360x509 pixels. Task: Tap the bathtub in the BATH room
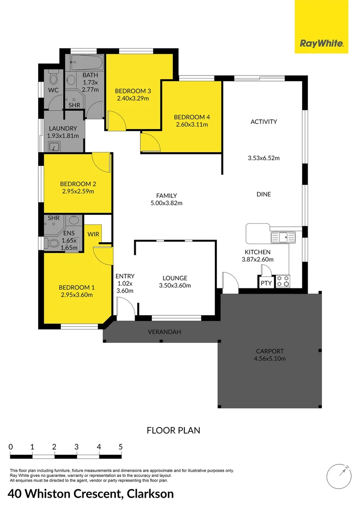click(85, 62)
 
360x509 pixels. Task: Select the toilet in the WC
click(53, 75)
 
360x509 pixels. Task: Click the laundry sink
click(55, 147)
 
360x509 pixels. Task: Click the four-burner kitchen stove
click(283, 281)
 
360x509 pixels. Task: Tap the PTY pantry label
click(266, 283)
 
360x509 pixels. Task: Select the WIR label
click(93, 233)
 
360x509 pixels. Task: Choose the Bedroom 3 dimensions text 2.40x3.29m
click(133, 99)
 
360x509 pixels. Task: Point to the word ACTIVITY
click(263, 122)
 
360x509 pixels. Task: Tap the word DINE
click(263, 194)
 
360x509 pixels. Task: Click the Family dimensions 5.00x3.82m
click(163, 203)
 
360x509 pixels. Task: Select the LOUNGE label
click(175, 278)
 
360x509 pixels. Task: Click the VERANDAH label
click(164, 332)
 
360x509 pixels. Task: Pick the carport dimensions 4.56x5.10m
click(270, 358)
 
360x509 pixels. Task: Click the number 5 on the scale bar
click(121, 447)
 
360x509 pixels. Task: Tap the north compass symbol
click(339, 477)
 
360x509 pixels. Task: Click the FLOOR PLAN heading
click(173, 430)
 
